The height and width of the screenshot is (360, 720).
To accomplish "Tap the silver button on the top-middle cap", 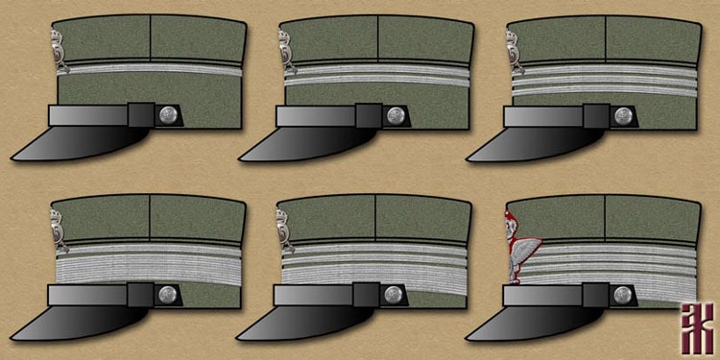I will (x=395, y=114).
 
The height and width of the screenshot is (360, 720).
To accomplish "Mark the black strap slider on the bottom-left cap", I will (x=139, y=294).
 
